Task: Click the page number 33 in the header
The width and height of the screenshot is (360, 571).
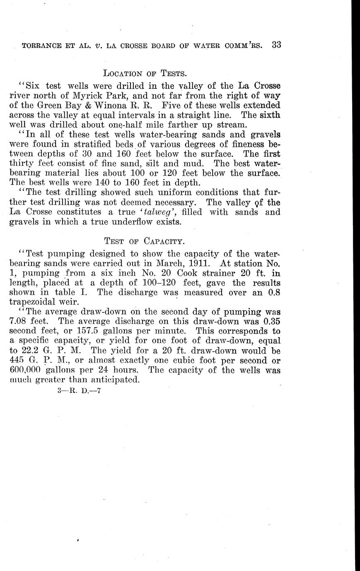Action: click(x=277, y=45)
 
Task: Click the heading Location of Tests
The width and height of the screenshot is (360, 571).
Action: click(x=145, y=74)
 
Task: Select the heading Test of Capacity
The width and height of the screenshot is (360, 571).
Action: click(x=145, y=241)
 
